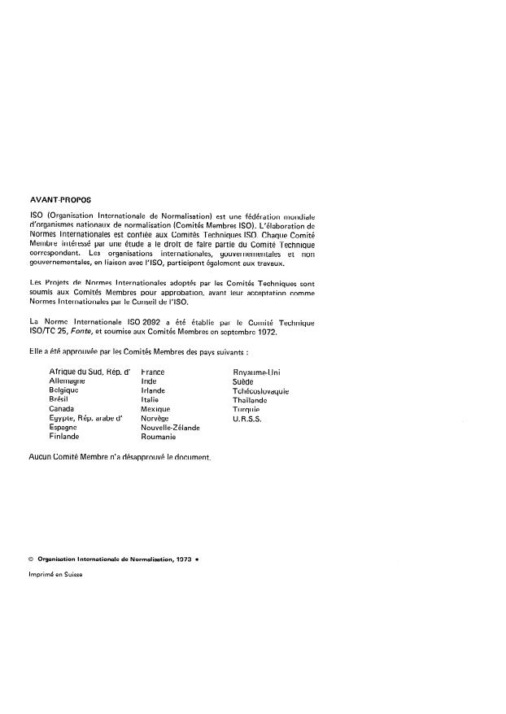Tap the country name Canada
[63, 408]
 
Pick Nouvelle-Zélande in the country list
[170, 427]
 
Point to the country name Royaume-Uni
[256, 372]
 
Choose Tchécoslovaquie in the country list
[260, 390]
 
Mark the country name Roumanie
[159, 436]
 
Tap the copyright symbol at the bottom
[29, 559]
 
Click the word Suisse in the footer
[71, 574]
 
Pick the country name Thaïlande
[250, 399]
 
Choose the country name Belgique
[63, 390]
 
